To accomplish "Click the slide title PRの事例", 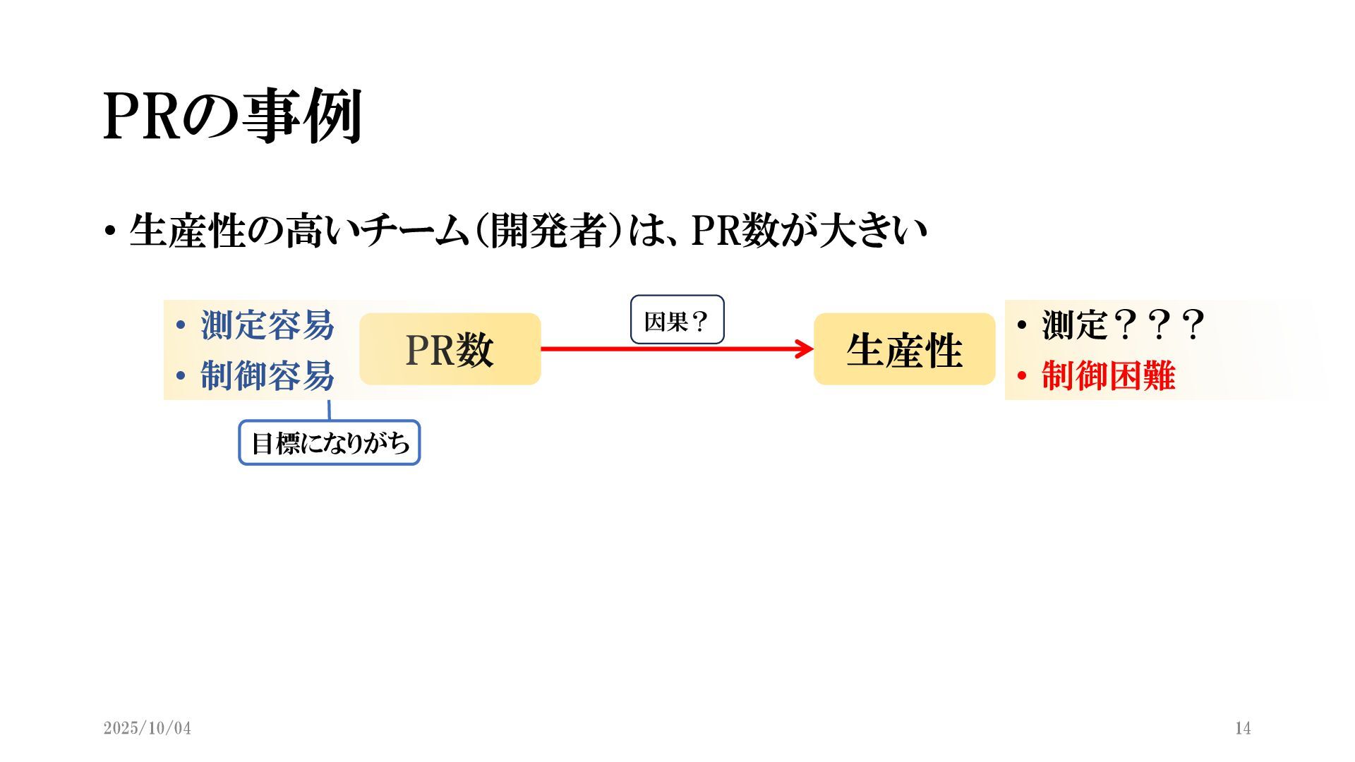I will (233, 116).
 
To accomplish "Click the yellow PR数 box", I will (450, 349).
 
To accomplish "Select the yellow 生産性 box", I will (904, 349).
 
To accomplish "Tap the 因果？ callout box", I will (677, 320).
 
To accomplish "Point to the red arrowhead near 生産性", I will (805, 349).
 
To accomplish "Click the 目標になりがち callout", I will (330, 443).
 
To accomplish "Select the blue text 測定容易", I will (267, 325).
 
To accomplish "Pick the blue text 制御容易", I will (267, 375).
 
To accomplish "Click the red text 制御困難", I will (1108, 375).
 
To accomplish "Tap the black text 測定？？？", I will (1122, 325).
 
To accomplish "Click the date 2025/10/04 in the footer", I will (147, 728).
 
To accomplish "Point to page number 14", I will (1243, 728).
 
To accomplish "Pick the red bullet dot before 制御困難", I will (1021, 376).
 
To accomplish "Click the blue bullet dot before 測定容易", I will (181, 326).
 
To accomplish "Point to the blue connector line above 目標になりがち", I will (329, 410).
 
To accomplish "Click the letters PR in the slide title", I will (141, 116).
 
